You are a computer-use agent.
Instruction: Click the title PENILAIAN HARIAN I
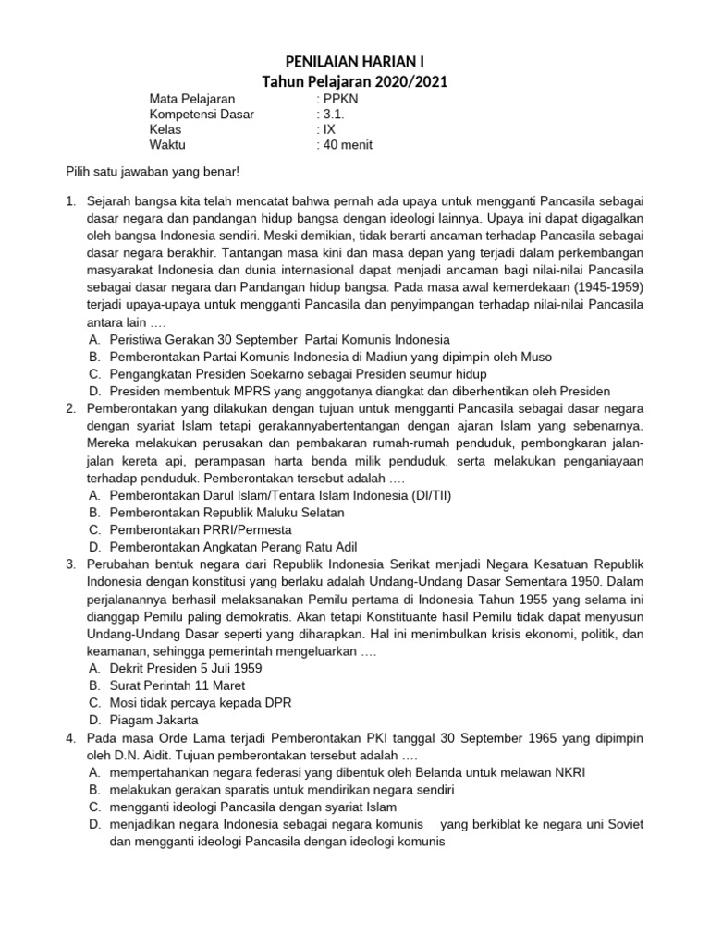355,62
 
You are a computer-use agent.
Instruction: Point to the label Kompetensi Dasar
202,115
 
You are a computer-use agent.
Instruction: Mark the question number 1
69,200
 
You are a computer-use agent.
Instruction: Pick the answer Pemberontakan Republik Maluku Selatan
226,513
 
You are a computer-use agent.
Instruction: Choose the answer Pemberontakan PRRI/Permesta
201,529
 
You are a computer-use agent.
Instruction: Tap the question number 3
69,564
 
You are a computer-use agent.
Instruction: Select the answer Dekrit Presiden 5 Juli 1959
186,668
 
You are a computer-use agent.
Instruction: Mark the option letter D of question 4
94,824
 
